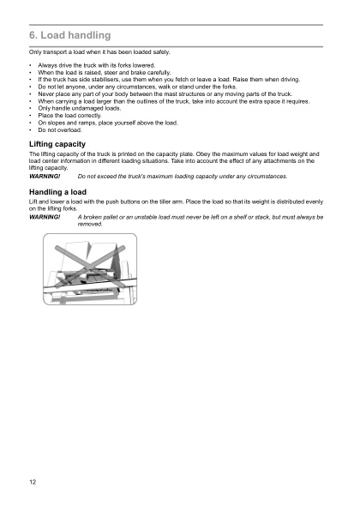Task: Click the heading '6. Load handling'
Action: coord(69,36)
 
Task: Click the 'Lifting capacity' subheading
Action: coord(57,143)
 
